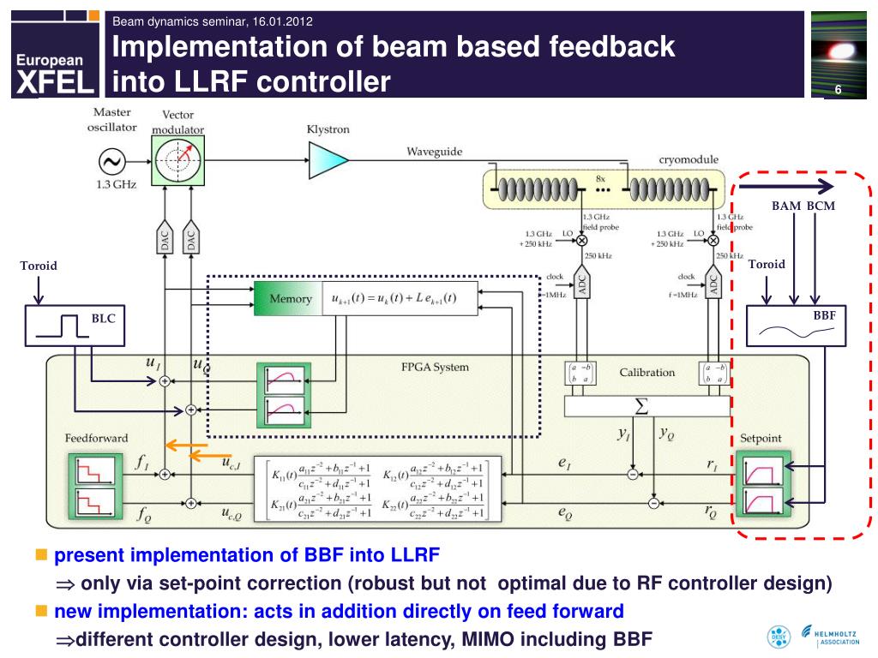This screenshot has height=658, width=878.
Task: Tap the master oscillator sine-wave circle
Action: coord(111,160)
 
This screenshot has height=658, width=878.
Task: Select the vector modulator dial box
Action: coord(178,160)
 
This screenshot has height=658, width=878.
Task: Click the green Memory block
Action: coord(288,298)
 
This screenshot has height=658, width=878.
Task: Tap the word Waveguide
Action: coord(434,152)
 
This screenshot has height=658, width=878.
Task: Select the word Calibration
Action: coord(647,373)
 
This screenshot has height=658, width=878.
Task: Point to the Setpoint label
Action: coord(761,438)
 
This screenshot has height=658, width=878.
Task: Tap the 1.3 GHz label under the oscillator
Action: coord(111,185)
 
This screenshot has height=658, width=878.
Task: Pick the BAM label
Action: coord(785,206)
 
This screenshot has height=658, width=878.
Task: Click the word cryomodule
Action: coord(689,159)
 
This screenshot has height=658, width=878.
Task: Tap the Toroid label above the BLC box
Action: coord(39,266)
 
